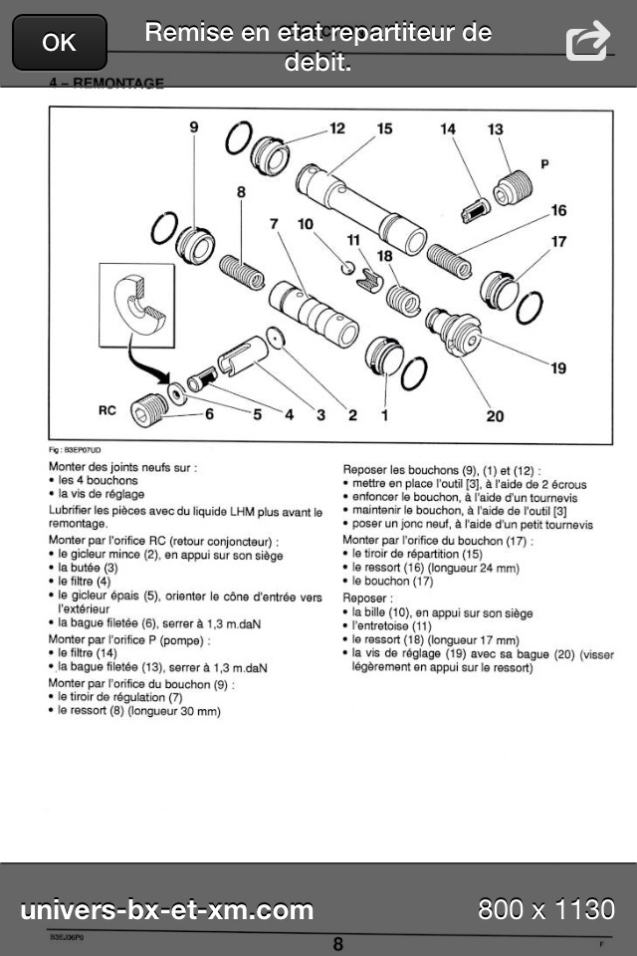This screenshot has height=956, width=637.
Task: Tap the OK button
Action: [x=59, y=42]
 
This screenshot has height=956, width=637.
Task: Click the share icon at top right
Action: [x=587, y=42]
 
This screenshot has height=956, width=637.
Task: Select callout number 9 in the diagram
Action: [x=194, y=127]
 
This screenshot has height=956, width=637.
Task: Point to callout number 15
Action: [x=384, y=128]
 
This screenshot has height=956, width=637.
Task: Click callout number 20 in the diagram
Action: [x=495, y=414]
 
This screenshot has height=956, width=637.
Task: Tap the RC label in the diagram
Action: [x=107, y=409]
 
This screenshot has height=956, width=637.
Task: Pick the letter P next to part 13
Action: [x=544, y=162]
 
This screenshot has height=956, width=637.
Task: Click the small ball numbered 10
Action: [x=347, y=267]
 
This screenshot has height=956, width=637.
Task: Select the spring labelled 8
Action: [x=241, y=270]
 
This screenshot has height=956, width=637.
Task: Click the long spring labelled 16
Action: [x=450, y=256]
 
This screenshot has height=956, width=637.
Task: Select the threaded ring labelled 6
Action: [x=150, y=408]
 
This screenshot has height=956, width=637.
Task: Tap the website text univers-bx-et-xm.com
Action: [x=167, y=908]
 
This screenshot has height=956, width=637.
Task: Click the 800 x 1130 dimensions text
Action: [x=545, y=908]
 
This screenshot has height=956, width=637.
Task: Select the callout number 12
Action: [x=337, y=128]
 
